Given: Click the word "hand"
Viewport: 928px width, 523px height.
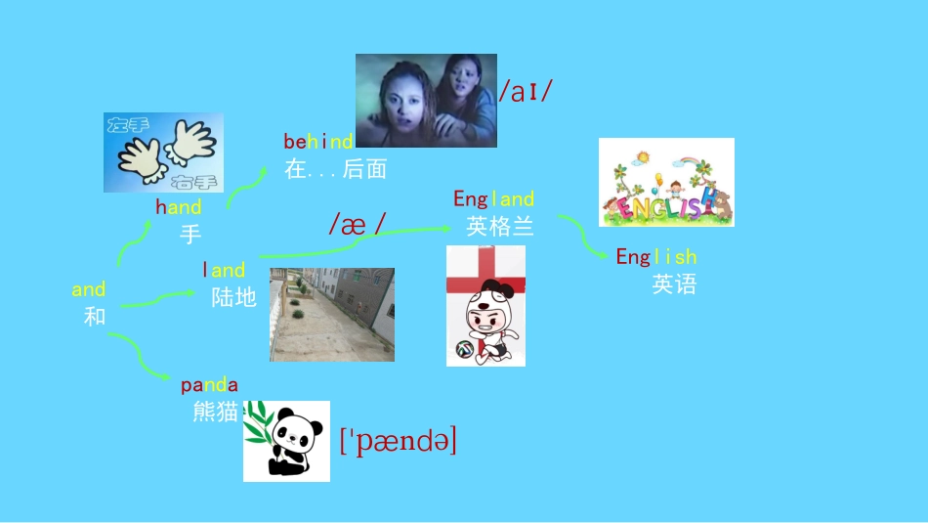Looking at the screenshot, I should tap(178, 207).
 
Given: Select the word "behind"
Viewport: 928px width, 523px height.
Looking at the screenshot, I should tap(318, 142).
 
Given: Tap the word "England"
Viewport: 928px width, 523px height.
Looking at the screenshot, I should tap(493, 199).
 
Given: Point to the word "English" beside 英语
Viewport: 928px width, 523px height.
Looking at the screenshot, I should tap(655, 257).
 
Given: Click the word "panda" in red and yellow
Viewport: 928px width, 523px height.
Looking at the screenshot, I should tap(209, 385).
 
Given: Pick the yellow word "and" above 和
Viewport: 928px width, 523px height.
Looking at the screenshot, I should tap(89, 290).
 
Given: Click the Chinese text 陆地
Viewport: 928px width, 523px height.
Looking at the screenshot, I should tap(233, 297).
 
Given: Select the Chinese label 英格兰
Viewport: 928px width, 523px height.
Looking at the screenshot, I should tap(500, 227).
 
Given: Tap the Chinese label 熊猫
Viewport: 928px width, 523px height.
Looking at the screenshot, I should tap(216, 413).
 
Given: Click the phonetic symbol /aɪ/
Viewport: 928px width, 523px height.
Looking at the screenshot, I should tap(526, 92).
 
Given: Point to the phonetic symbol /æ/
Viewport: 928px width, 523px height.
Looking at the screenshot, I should tap(356, 224).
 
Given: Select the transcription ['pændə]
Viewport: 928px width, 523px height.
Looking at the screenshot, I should tap(398, 442).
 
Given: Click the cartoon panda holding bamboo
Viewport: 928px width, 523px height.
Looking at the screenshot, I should tap(286, 441).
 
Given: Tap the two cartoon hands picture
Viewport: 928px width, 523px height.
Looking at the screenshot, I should tap(164, 152).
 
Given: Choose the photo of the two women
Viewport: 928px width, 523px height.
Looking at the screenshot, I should tap(426, 101).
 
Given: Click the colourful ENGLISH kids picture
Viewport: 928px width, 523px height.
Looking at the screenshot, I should tap(666, 183).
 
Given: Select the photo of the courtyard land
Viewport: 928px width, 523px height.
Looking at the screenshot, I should tap(332, 314).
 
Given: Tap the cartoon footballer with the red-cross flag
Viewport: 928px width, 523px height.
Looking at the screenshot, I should tap(485, 306).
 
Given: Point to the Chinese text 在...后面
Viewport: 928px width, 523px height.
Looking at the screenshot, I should tap(335, 169).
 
